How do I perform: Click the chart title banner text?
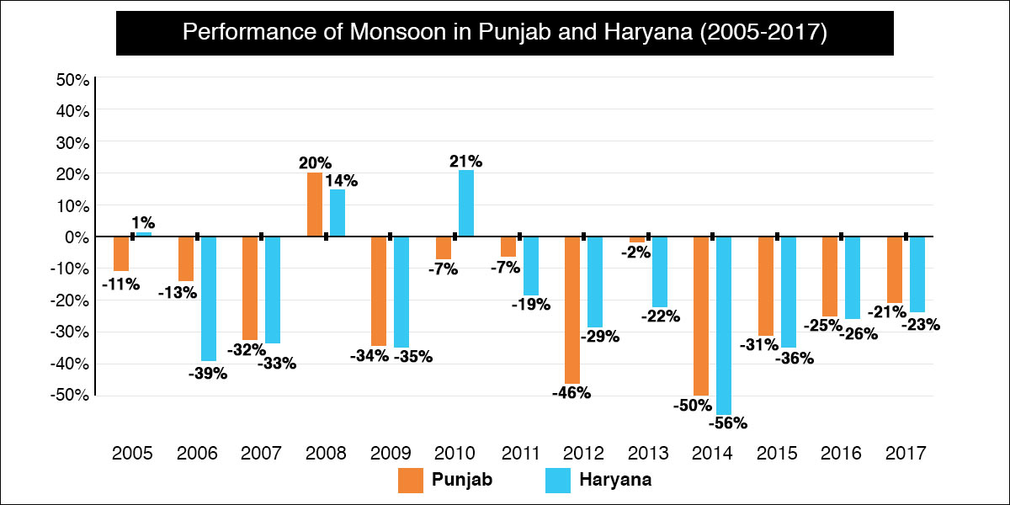point(505,34)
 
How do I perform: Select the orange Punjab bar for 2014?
point(701,316)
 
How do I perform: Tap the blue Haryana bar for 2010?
point(465,203)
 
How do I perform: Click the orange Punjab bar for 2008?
point(315,205)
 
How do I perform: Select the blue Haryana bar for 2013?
point(659,271)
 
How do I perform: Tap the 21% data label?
point(465,161)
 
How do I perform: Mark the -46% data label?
point(572,392)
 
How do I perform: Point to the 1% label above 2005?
point(143,222)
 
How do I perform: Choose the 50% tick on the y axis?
point(72,80)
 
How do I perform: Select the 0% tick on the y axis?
point(75,237)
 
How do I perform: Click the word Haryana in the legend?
point(615,481)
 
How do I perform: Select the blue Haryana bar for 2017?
point(917,274)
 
